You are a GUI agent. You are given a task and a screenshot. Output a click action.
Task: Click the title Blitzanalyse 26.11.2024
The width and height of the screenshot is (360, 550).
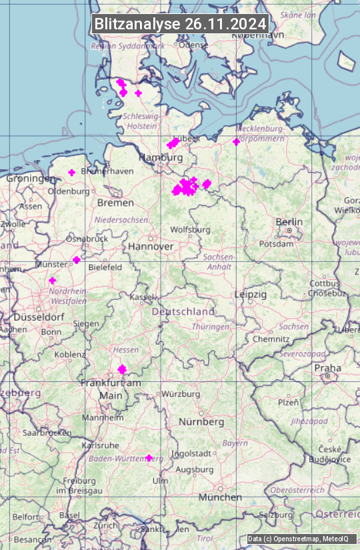(x=180, y=24)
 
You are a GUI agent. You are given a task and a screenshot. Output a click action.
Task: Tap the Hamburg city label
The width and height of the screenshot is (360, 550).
(x=161, y=157)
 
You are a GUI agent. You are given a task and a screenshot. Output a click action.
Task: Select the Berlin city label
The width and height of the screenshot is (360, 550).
(x=289, y=222)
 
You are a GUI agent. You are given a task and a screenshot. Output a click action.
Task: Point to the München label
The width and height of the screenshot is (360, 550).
(x=220, y=497)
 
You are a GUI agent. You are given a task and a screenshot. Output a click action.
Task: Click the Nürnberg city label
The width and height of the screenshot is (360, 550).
(x=201, y=422)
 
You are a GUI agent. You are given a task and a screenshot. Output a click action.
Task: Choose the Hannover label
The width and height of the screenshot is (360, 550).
(x=151, y=246)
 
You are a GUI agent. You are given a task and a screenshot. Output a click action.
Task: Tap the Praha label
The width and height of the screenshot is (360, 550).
(x=327, y=368)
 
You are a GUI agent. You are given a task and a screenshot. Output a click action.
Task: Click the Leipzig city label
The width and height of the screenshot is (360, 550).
(x=251, y=294)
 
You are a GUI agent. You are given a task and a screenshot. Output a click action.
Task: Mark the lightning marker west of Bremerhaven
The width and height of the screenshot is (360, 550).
(x=71, y=173)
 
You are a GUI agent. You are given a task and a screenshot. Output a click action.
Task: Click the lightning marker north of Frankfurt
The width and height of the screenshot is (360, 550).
(x=122, y=369)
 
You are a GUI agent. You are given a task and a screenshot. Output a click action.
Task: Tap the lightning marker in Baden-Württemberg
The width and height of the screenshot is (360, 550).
(x=149, y=458)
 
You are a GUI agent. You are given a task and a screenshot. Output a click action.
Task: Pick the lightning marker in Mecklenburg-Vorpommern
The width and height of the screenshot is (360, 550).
(x=236, y=142)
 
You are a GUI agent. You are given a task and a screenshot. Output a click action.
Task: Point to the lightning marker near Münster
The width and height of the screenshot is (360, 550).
(x=77, y=260)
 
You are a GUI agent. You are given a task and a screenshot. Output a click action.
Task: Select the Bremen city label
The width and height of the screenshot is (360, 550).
(x=115, y=202)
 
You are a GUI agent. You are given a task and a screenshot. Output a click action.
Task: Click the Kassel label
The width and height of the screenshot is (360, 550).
(x=142, y=296)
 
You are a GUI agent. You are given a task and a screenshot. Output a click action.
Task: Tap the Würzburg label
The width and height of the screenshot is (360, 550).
(x=181, y=394)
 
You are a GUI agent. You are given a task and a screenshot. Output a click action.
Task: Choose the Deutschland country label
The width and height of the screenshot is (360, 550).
(x=183, y=311)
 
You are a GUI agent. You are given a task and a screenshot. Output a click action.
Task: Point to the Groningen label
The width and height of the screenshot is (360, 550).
(x=31, y=179)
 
